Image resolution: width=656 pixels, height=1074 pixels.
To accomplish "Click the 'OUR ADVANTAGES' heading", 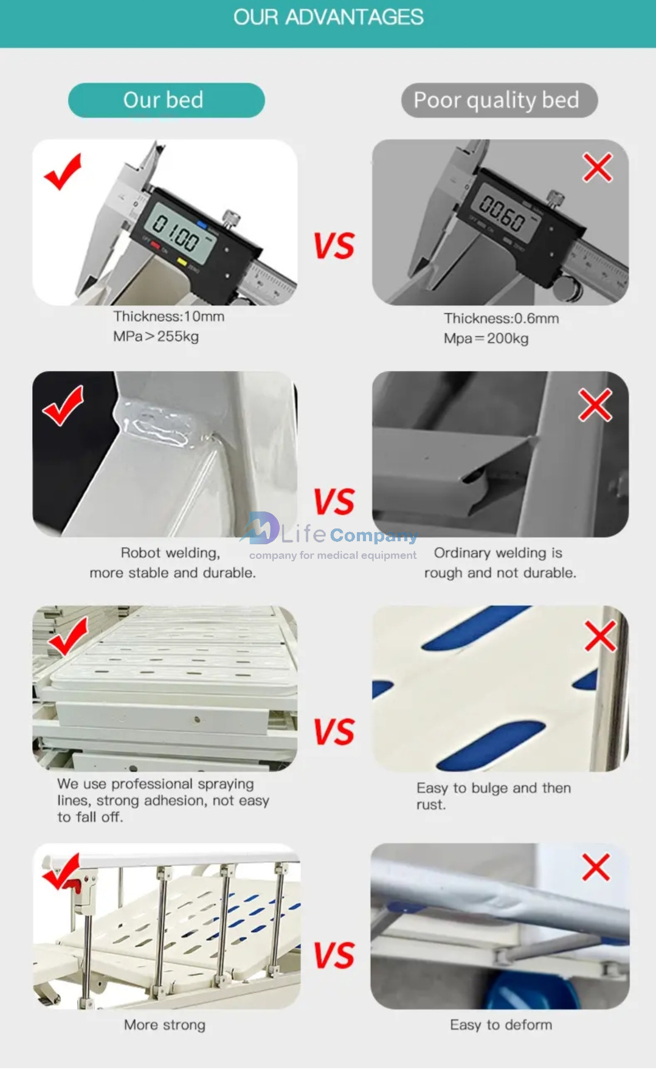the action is click(x=328, y=17).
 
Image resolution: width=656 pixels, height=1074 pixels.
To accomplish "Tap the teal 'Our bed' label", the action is click(x=166, y=100).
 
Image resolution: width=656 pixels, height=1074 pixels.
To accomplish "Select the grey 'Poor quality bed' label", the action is click(x=499, y=100).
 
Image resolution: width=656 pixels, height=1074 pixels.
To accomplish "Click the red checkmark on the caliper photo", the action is click(x=63, y=171).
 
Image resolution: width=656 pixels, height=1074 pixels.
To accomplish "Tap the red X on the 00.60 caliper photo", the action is click(x=598, y=167).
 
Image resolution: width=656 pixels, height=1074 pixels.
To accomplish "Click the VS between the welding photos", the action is click(x=334, y=502).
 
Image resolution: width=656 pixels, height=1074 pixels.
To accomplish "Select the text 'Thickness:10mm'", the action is click(x=169, y=316).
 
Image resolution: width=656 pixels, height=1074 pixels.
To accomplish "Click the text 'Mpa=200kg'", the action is click(x=486, y=339).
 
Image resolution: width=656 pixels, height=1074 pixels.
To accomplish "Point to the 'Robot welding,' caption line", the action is click(x=170, y=553).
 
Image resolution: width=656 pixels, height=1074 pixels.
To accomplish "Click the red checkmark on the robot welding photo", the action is click(x=63, y=406).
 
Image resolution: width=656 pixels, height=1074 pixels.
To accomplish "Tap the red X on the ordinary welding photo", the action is click(x=595, y=405).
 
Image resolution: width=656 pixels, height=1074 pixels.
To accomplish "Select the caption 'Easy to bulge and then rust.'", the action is click(x=494, y=796).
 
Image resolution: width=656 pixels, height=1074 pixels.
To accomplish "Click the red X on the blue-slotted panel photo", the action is click(x=601, y=636).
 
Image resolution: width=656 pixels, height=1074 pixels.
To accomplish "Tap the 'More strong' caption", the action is click(x=165, y=1025).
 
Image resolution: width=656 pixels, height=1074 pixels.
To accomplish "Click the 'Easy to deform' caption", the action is click(x=501, y=1025).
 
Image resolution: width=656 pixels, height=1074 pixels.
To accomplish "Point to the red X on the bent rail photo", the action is click(x=596, y=867).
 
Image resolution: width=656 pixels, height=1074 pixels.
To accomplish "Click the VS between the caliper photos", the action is click(x=334, y=246).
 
